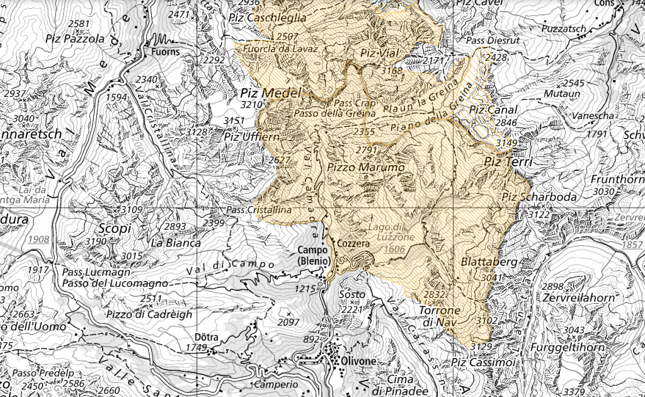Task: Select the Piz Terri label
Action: pyautogui.click(x=508, y=162)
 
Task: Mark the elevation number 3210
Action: pyautogui.click(x=250, y=105)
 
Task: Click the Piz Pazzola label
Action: pyautogui.click(x=75, y=38)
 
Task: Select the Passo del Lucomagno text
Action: pyautogui.click(x=115, y=284)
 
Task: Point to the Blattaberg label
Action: pyautogui.click(x=481, y=261)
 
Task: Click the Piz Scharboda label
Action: pyautogui.click(x=530, y=197)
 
